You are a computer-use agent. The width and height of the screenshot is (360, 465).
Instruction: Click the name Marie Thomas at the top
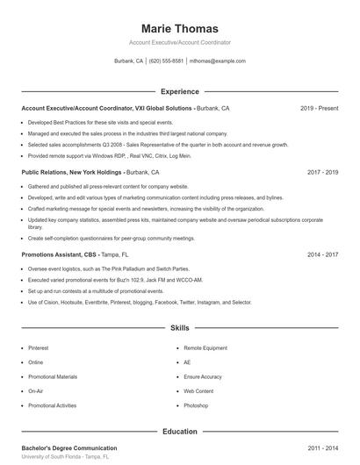180,28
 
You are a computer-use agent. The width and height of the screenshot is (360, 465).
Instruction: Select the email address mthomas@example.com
217,61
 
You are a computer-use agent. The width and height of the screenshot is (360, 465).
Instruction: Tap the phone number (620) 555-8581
167,61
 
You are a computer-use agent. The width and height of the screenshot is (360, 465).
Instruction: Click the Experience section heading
180,91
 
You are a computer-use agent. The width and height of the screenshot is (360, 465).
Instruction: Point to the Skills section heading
180,328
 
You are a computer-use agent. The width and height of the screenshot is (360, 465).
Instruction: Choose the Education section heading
180,432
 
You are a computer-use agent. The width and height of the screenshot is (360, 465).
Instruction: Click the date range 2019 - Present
319,108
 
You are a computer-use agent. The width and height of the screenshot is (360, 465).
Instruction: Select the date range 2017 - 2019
322,173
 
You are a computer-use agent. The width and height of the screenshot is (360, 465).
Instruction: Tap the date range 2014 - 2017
322,254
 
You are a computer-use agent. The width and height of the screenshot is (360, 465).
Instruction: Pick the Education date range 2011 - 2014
322,447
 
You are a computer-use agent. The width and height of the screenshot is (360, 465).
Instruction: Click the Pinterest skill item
39,347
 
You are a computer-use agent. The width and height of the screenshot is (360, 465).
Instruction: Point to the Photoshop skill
196,405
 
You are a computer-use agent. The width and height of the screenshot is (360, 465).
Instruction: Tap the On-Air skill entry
36,390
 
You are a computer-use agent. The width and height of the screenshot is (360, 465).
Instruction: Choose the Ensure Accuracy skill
202,376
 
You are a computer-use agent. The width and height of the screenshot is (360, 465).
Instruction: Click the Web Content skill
198,390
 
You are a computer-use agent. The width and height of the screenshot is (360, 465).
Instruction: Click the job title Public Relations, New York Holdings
72,173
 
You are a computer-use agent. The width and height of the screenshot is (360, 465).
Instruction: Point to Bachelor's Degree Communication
68,447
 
